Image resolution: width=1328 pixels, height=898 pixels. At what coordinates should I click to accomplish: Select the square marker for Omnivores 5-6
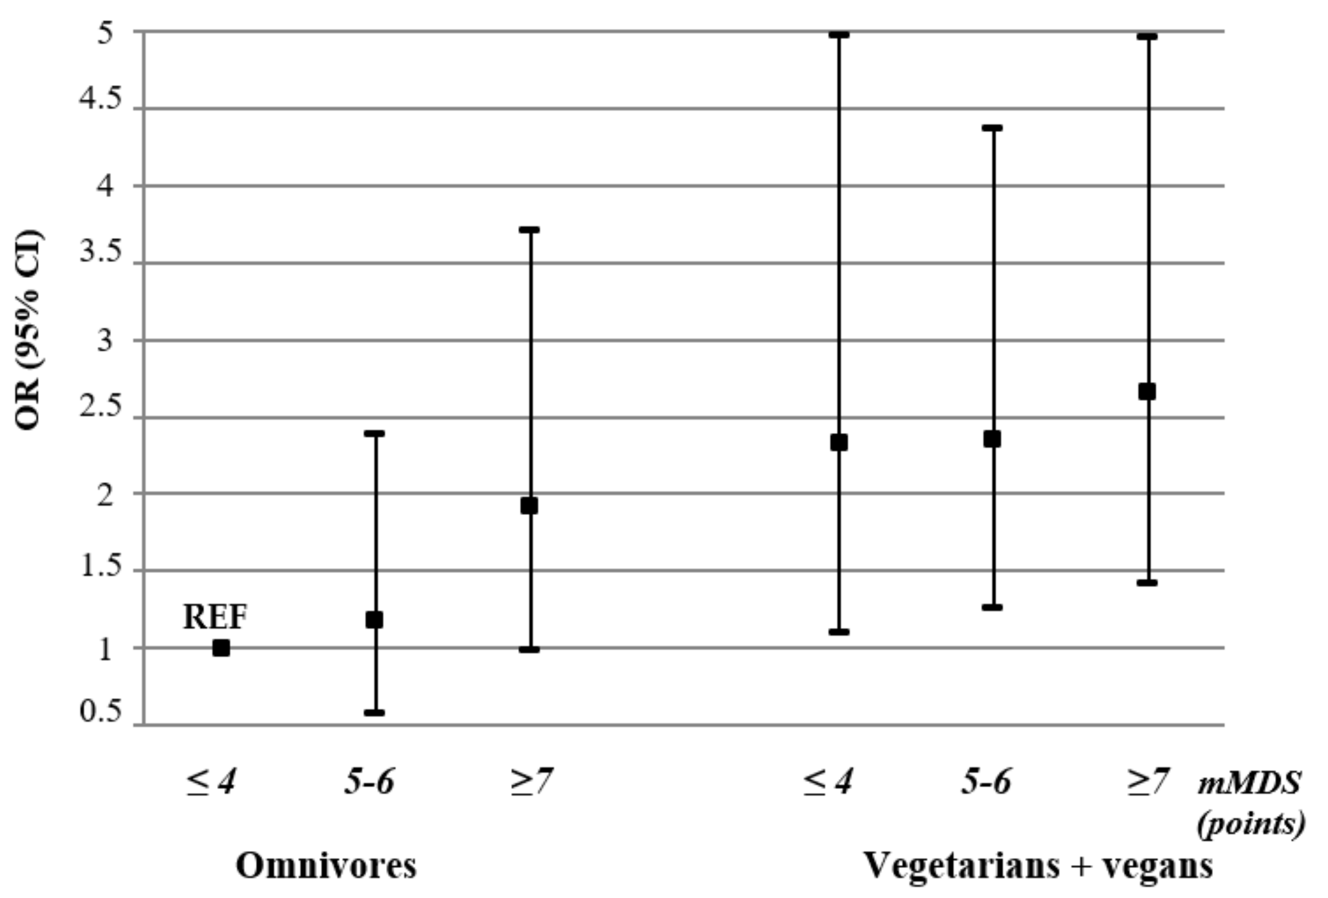click(374, 619)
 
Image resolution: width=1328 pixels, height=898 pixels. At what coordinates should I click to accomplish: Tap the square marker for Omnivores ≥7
click(529, 506)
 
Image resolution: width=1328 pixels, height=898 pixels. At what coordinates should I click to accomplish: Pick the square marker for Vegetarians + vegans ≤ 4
click(839, 442)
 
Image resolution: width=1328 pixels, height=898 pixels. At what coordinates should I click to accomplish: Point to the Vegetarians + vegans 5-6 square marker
click(992, 440)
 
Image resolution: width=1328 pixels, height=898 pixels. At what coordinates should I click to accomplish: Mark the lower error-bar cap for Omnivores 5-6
click(375, 713)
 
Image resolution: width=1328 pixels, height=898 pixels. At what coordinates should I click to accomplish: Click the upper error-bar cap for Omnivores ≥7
click(530, 230)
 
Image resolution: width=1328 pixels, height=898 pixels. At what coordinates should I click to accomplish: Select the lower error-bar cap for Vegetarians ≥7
click(1147, 583)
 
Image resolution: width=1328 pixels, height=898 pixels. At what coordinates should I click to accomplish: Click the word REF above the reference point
click(215, 617)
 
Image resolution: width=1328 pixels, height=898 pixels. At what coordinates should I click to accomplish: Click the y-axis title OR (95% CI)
click(29, 330)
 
